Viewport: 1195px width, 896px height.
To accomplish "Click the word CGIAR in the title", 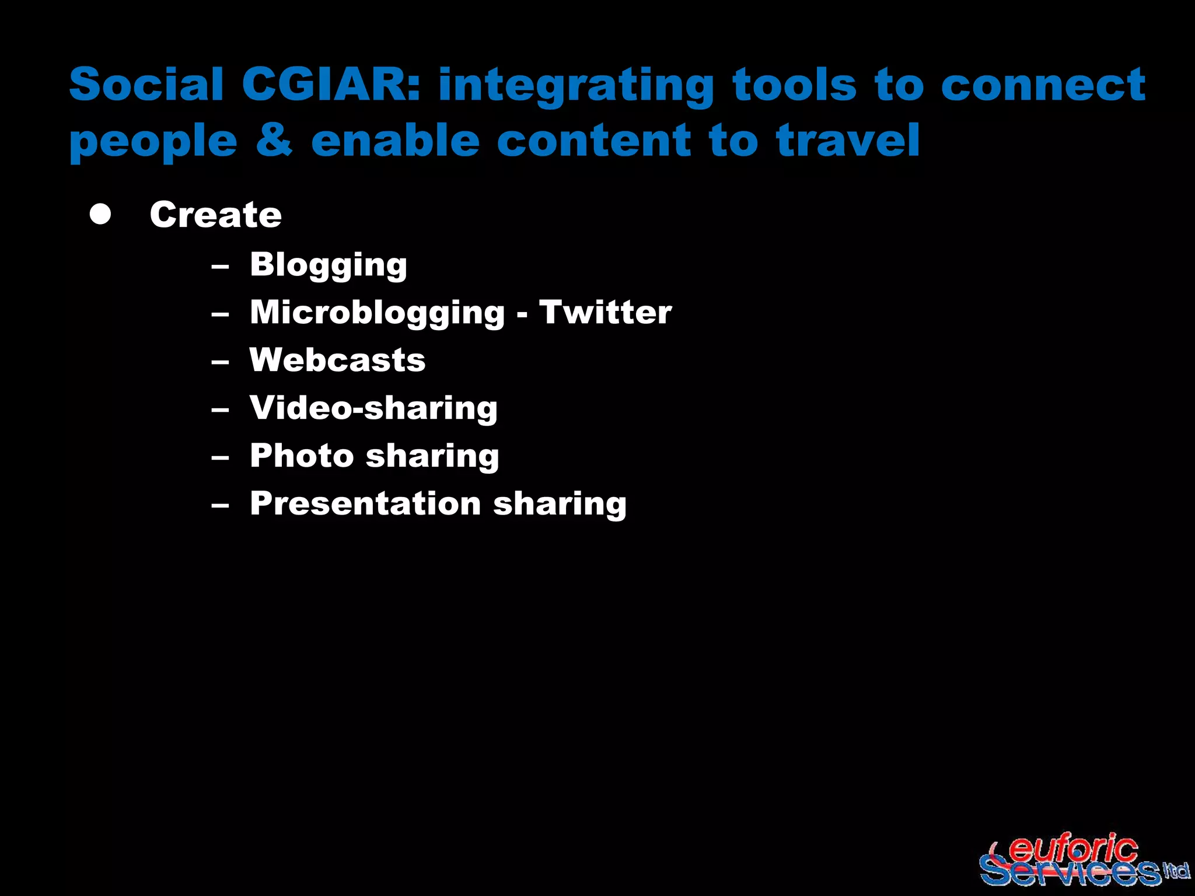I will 330,84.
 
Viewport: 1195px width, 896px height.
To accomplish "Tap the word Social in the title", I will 146,84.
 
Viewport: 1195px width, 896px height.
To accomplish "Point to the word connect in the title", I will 1043,85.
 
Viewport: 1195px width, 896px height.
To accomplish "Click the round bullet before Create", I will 100,214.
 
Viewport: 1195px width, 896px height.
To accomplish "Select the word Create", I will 215,214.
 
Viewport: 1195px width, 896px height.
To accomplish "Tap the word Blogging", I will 328,265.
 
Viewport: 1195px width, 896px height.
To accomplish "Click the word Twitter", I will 605,312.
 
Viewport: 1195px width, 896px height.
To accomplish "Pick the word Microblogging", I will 377,313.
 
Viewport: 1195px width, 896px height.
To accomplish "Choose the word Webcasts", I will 337,360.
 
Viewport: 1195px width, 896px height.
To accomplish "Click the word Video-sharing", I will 373,408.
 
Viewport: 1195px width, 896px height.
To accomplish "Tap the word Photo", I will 302,456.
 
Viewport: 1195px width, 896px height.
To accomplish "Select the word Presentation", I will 365,503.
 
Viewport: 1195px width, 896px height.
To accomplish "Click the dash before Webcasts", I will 220,362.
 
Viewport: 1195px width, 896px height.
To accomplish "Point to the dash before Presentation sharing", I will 220,505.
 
